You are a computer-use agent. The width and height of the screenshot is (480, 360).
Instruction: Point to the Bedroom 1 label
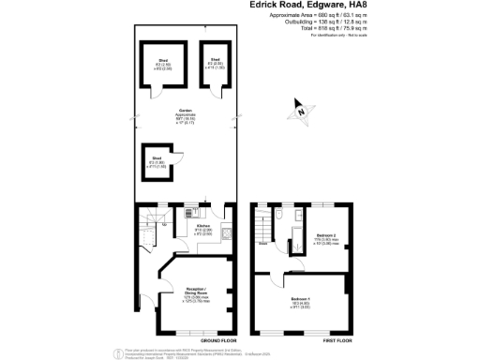point(303,303)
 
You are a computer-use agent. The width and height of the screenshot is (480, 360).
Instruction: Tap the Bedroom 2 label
point(325,235)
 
